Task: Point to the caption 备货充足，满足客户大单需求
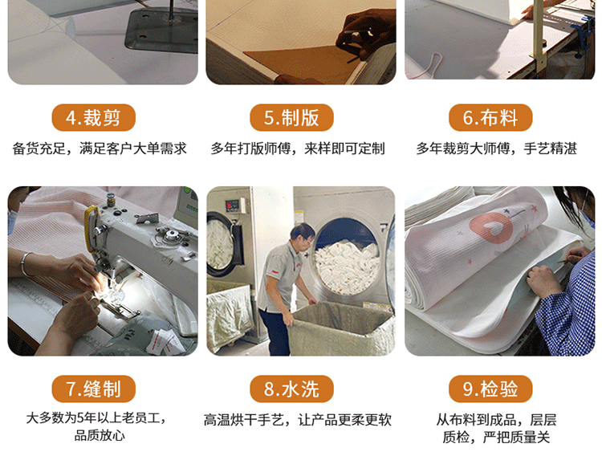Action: tap(100, 149)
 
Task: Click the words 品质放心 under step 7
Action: tap(100, 436)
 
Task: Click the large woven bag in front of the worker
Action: tap(341, 329)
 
